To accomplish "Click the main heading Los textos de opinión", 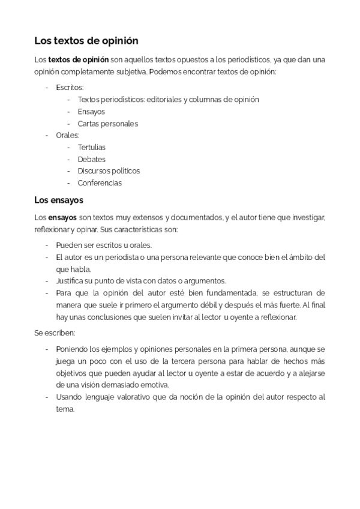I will pos(86,41).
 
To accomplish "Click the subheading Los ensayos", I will pos(59,199).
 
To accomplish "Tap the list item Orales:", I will pos(68,135).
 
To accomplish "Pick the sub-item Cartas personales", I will pos(107,124).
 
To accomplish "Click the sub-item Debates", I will pos(91,159).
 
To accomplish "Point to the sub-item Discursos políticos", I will pos(109,171).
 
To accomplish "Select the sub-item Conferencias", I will pos(99,183).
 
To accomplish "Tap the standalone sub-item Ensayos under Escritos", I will pos(91,112).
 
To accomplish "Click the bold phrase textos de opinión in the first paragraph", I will pos(79,60).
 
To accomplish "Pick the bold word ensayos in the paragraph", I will pos(62,218).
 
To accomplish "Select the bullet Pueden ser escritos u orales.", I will pos(104,245).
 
